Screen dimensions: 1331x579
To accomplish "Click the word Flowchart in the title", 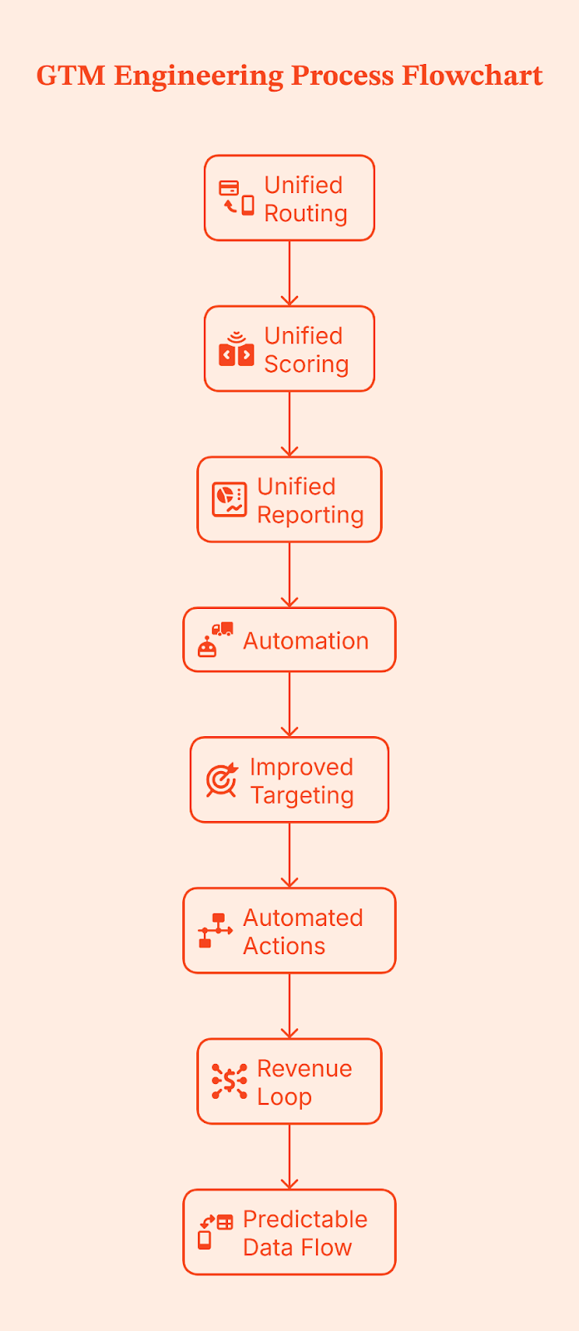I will [472, 76].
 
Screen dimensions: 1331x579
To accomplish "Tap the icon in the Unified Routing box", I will [236, 198].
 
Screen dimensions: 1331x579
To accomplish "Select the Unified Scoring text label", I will [305, 349].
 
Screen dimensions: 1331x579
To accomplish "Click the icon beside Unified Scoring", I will [236, 349].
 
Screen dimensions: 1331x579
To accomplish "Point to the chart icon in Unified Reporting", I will [229, 499].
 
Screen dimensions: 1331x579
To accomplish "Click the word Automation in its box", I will [305, 641].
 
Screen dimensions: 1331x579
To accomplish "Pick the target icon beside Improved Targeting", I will [222, 780].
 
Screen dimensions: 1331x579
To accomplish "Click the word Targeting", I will [302, 795].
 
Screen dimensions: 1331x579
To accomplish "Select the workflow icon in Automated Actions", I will [215, 930].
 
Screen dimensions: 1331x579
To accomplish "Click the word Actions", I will [284, 946].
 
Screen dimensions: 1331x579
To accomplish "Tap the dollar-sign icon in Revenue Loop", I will [229, 1081].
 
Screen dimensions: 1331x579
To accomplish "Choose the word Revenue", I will [304, 1068].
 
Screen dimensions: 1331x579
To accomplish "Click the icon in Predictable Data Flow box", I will [215, 1231].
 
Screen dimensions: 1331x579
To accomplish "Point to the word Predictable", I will [305, 1219].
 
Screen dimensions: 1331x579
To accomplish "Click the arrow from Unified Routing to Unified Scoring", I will [289, 273].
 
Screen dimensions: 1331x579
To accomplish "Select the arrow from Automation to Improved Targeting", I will [289, 704].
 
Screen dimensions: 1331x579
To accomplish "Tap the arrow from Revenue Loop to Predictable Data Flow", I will [289, 1155].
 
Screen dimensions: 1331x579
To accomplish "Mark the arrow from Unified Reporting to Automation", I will [289, 574].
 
